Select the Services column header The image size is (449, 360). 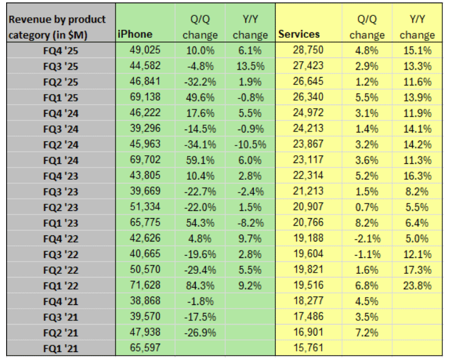(299, 34)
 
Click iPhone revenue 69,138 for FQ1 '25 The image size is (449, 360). (145, 97)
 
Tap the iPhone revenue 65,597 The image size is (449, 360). (145, 348)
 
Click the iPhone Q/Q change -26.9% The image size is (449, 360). (199, 332)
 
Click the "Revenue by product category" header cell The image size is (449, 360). (58, 27)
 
